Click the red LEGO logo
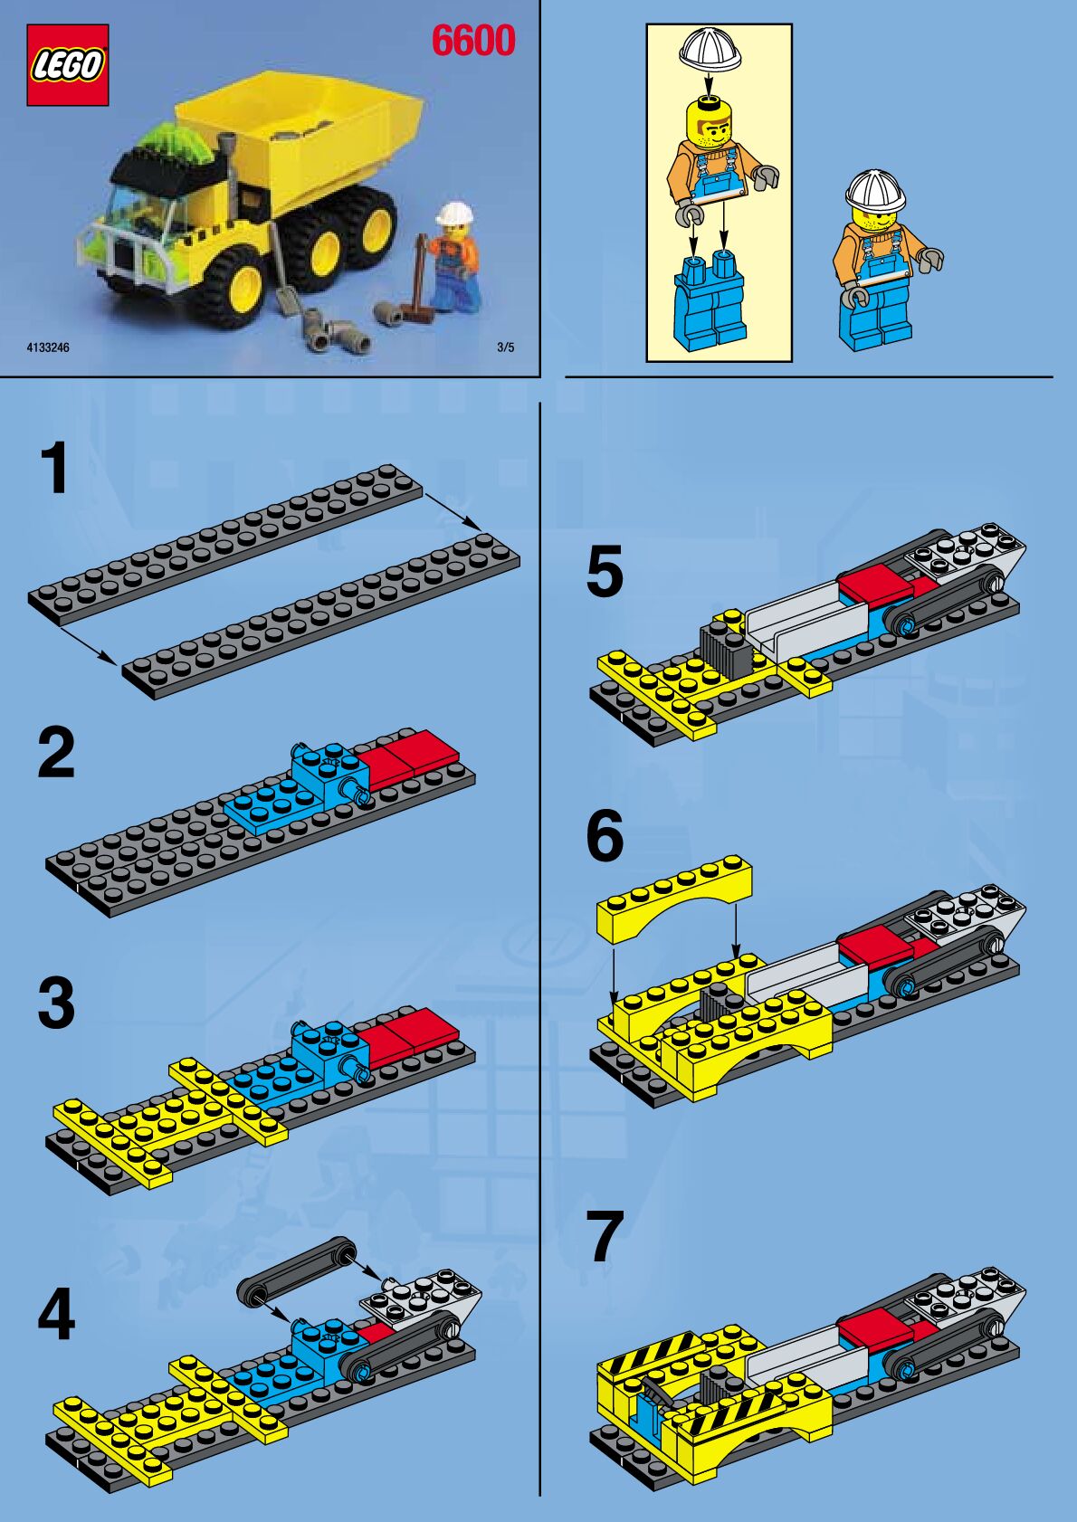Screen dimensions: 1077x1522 coord(67,65)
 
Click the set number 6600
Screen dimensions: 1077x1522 coord(473,41)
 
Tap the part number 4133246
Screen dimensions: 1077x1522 coord(48,347)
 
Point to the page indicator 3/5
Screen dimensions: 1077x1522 coord(506,347)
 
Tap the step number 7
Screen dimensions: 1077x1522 coord(606,1237)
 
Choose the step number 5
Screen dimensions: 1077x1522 coord(605,572)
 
